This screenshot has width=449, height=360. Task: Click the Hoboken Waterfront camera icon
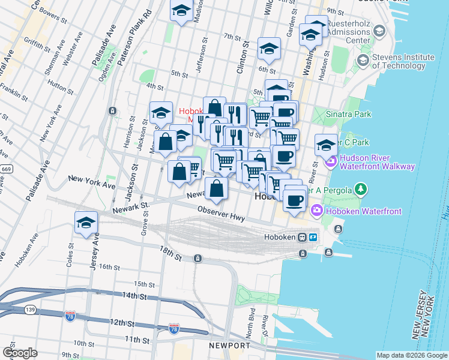[316, 210]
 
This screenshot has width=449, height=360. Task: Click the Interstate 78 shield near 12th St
[70, 316]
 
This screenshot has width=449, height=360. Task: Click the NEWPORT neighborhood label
[229, 346]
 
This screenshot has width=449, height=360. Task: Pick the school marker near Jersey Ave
[86, 223]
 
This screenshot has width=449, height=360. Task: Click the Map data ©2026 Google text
[411, 355]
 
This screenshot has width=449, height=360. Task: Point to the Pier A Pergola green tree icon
[360, 190]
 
